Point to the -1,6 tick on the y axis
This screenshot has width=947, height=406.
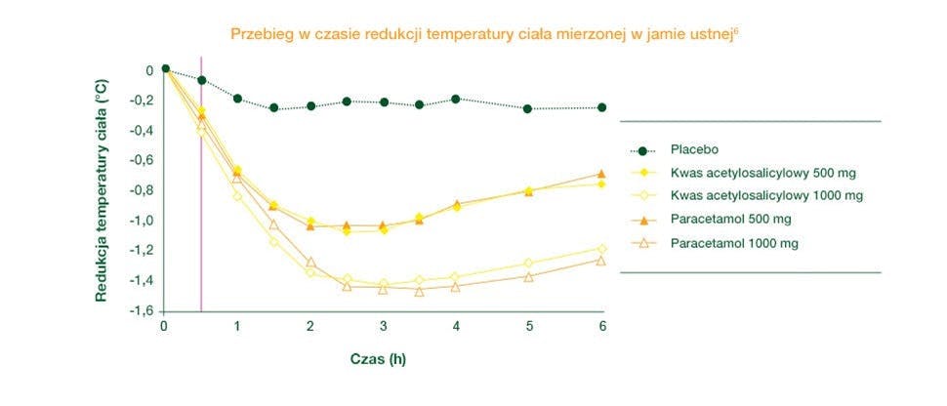[x=142, y=310]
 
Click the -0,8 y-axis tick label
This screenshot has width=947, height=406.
[x=142, y=190]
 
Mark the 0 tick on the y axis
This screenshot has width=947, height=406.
[x=149, y=70]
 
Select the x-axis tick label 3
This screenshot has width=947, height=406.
[x=384, y=326]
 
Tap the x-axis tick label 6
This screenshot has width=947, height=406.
[x=602, y=326]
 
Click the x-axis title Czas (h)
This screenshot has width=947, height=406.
[x=379, y=358]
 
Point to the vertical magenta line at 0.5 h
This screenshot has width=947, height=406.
[x=201, y=195]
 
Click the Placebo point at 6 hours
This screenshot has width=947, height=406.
[x=601, y=107]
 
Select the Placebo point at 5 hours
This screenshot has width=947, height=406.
[x=528, y=108]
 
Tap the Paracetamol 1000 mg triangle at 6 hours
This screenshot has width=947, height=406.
[x=601, y=261]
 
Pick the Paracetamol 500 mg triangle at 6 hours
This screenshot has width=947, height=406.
[x=601, y=175]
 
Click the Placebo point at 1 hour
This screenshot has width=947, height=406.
[x=237, y=99]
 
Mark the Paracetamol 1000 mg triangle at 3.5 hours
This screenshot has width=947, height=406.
[x=420, y=291]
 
